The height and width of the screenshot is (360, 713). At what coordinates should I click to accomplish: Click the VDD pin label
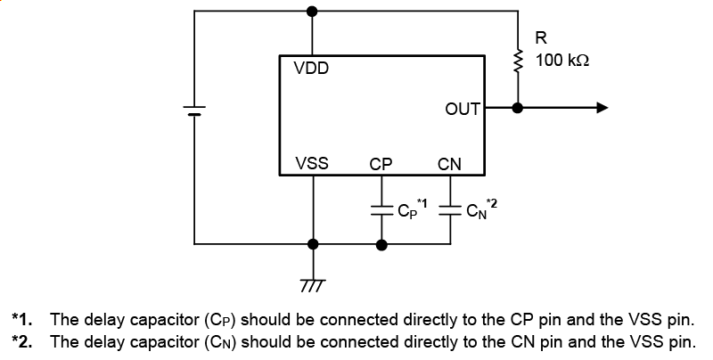click(311, 69)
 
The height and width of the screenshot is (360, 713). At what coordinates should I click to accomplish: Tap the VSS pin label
click(311, 164)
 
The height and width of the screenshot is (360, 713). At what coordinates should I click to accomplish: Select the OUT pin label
click(463, 109)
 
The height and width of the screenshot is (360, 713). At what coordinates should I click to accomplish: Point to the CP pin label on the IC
click(381, 164)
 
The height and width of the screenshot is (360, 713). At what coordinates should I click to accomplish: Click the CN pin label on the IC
click(449, 164)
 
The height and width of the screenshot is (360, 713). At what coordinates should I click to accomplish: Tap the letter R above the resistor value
click(541, 38)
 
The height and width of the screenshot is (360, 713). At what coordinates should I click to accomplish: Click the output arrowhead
click(602, 108)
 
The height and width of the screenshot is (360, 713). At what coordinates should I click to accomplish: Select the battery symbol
click(194, 110)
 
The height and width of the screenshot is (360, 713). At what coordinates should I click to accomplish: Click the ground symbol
click(312, 284)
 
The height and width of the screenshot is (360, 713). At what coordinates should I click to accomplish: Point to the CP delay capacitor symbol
click(381, 211)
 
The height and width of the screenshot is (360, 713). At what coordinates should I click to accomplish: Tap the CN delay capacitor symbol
click(450, 211)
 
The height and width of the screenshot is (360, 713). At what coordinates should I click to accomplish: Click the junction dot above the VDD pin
click(312, 12)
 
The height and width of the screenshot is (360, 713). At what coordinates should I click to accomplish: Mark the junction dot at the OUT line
click(518, 108)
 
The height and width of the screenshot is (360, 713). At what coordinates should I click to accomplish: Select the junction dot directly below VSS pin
click(312, 243)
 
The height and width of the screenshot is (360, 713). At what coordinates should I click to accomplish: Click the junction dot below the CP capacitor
click(381, 243)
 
